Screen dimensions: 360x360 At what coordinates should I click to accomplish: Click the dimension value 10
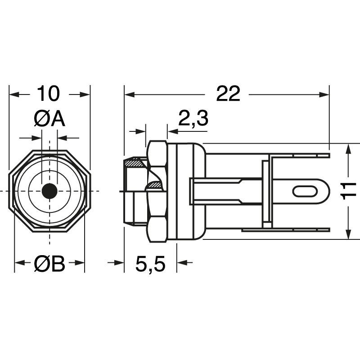pos(48,94)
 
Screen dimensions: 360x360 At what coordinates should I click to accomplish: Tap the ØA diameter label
pos(49,119)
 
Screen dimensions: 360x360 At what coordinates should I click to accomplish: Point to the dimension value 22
pos(228,94)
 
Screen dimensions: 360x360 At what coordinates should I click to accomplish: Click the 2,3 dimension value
pos(193,118)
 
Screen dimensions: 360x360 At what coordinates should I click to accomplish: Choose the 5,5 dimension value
pos(150,264)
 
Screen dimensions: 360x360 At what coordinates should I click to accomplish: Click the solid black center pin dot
pos(49,191)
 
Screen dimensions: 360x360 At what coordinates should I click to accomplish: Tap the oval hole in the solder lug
pos(305,191)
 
